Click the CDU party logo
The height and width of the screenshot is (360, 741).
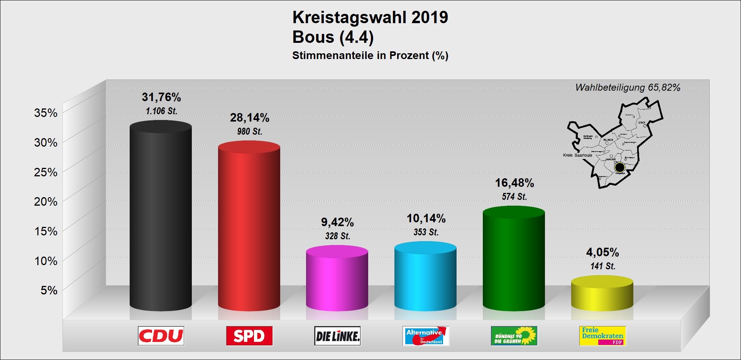[x=161, y=336]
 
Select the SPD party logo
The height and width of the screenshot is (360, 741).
[x=249, y=336]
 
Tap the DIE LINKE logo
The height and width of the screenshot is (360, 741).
[x=337, y=336]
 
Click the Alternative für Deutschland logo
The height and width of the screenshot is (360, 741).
[x=426, y=336]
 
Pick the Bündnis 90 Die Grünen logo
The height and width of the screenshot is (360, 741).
[x=514, y=336]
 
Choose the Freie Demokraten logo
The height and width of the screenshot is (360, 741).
[x=602, y=336]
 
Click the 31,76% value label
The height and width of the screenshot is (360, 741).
[x=161, y=97]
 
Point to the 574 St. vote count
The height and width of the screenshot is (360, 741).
[x=514, y=197]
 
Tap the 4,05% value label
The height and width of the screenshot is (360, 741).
[x=602, y=252]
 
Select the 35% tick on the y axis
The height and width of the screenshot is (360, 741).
[x=46, y=113]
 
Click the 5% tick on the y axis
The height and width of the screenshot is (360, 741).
[x=49, y=290]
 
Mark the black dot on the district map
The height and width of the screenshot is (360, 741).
[x=619, y=167]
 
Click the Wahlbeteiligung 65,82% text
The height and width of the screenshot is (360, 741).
[x=628, y=88]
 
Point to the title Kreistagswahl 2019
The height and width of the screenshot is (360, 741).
[x=370, y=17]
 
